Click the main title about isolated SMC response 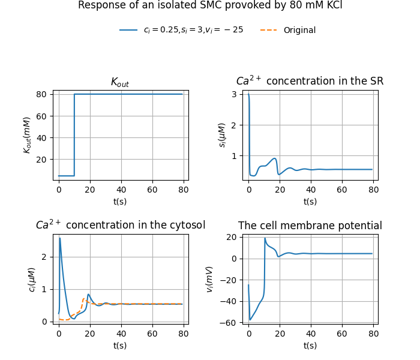[x=210, y=5]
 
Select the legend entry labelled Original [x=299, y=30]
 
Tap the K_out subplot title [x=120, y=82]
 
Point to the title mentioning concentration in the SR [x=310, y=81]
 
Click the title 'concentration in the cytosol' [x=120, y=225]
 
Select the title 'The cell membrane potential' [x=310, y=226]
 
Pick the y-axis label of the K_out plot [x=27, y=135]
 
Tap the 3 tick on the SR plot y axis [x=236, y=94]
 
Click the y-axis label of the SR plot [x=223, y=135]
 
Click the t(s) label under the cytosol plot [x=120, y=345]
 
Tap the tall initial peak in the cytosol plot [x=60, y=239]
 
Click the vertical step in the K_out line [x=74, y=135]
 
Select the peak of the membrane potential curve [x=265, y=238]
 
